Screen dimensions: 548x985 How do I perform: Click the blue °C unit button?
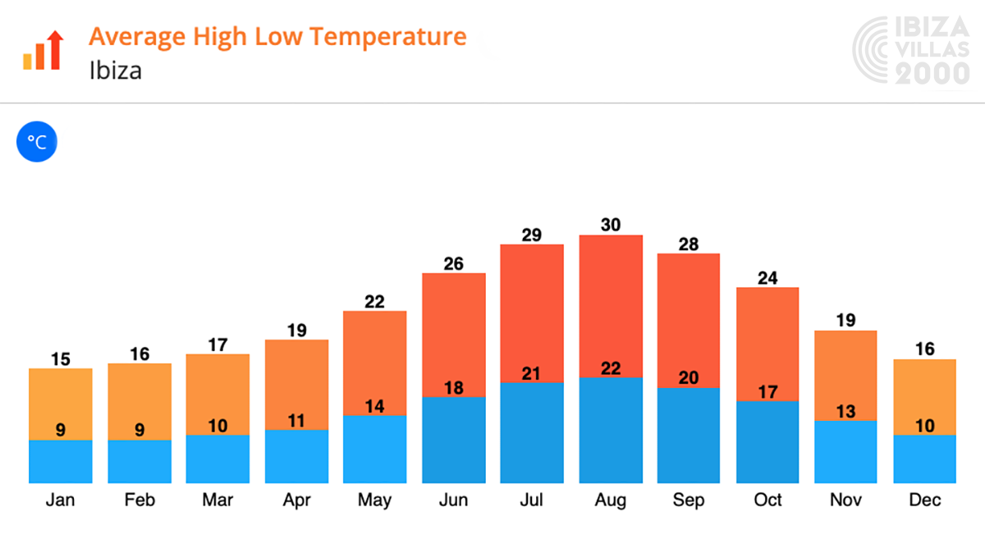(37, 142)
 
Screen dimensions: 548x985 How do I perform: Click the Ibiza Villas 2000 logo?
(911, 51)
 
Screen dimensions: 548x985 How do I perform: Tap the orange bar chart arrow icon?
(43, 51)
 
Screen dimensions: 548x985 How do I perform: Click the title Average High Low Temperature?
(277, 37)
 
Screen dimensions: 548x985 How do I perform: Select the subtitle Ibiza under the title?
(115, 71)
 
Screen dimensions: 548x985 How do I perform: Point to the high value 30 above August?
(611, 225)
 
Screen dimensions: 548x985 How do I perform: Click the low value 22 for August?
(611, 368)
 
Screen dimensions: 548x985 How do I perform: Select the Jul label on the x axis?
(532, 500)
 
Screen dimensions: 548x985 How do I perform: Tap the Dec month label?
(925, 500)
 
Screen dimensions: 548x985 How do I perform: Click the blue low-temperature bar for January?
(61, 462)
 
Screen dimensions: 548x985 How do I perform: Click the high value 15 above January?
(61, 358)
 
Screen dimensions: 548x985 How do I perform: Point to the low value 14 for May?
(374, 406)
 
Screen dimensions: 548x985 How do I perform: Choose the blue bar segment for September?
(689, 435)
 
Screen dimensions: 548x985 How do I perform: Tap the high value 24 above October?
(767, 277)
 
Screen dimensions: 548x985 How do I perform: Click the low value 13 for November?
(846, 411)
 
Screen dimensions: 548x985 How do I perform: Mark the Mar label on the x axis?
(218, 500)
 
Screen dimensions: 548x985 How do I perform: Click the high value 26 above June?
(453, 263)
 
